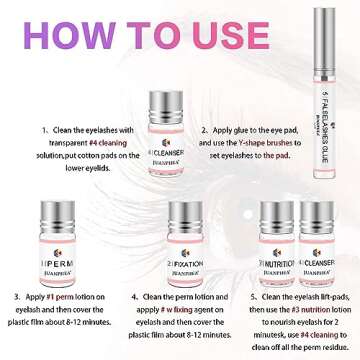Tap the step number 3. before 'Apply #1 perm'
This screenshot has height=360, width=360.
tap(18, 297)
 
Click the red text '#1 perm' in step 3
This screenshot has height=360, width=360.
tap(63, 297)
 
